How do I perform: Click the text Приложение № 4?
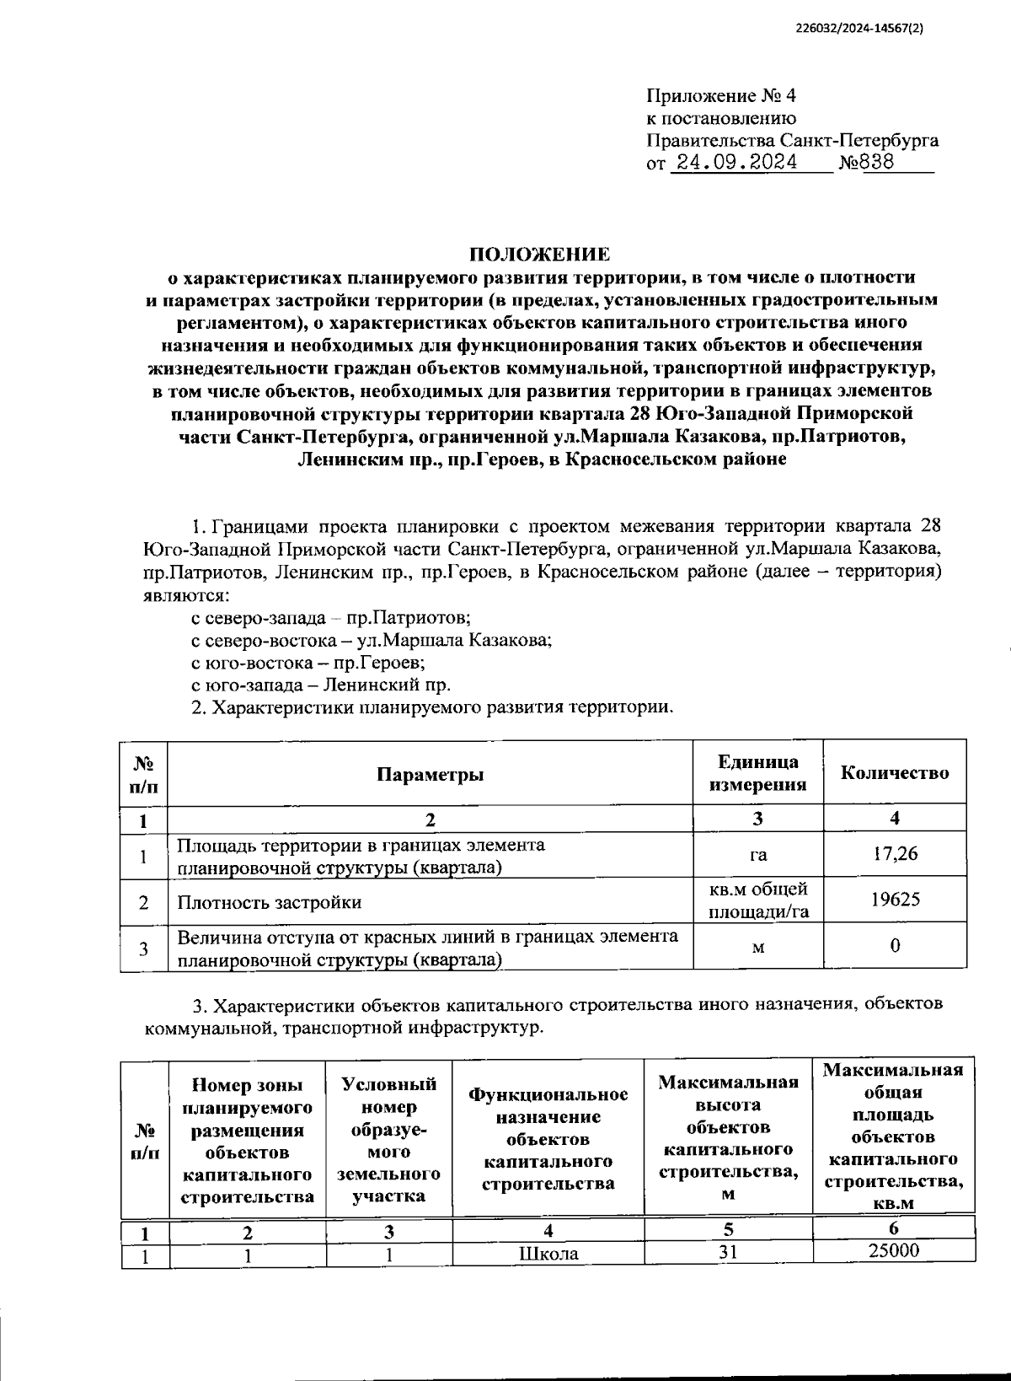coord(719,95)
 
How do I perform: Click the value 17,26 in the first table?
coord(895,854)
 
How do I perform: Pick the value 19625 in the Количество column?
coord(895,900)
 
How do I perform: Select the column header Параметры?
coord(430,774)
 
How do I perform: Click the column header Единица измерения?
coord(757,773)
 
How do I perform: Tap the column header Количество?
coord(895,773)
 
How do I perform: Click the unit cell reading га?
coord(757,856)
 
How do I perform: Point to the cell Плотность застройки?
coord(270,902)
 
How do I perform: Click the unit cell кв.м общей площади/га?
coord(757,900)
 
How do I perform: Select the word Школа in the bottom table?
coord(548,1254)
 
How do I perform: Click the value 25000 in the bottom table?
coord(893,1250)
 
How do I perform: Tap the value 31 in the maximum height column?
coord(728,1252)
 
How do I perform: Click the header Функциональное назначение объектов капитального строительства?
coord(548,1138)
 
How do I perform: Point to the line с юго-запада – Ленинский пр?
coord(321,685)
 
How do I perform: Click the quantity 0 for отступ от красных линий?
coord(895,946)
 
